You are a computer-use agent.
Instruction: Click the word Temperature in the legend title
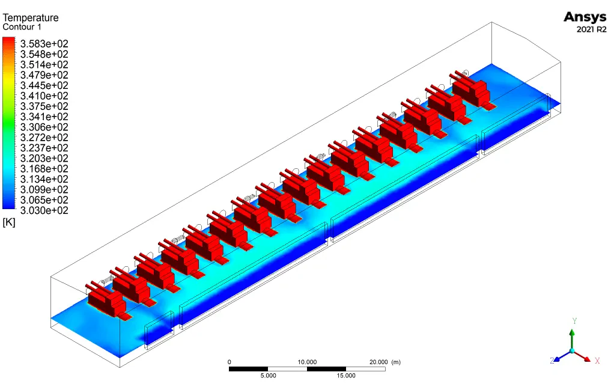(31, 17)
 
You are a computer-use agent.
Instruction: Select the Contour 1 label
(22, 27)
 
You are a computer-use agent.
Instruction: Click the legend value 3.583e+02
(44, 44)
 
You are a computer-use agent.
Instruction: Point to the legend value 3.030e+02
(44, 211)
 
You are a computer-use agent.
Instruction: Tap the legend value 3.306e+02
(44, 127)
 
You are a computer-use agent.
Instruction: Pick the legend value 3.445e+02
(44, 85)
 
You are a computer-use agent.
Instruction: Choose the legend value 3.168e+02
(44, 169)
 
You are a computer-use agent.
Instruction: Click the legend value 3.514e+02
(44, 65)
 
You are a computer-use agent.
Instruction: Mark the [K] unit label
(8, 222)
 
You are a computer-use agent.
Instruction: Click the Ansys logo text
(585, 17)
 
